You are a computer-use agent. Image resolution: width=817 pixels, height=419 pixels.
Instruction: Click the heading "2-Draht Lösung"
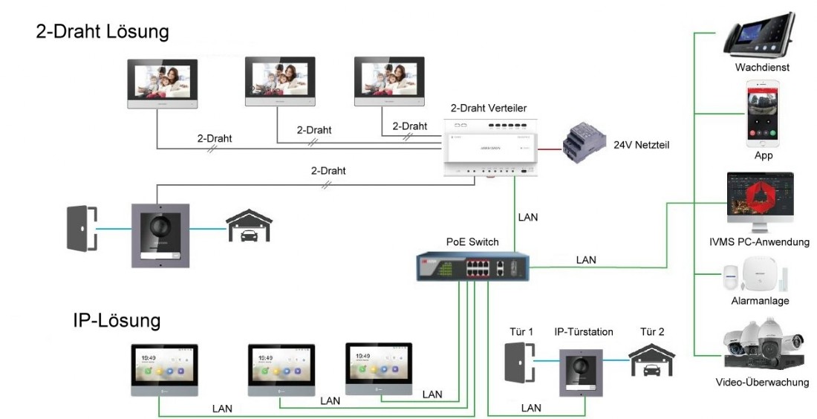coord(102,32)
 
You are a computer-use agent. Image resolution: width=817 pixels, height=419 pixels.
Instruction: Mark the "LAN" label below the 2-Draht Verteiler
coord(527,218)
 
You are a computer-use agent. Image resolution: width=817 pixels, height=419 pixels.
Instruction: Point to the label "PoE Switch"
coord(472,242)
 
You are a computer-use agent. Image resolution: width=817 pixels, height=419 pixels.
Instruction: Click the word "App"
coord(763,156)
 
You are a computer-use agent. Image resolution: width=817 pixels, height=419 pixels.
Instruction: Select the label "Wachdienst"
coord(762,68)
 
